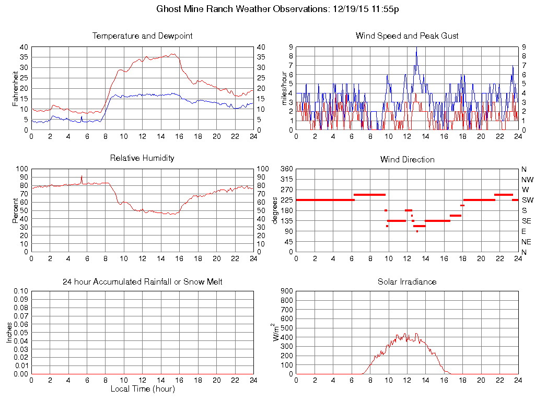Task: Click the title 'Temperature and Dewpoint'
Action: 142,36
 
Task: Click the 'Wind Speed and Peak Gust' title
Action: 407,36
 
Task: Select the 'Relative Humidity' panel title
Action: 142,158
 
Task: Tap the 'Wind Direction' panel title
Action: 407,159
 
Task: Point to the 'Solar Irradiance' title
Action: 407,281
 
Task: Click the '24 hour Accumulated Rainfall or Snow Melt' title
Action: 142,281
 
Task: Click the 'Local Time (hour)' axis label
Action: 142,388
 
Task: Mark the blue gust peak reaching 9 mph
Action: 416,49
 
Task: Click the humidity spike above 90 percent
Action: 82,176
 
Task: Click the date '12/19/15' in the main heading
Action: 348,9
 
